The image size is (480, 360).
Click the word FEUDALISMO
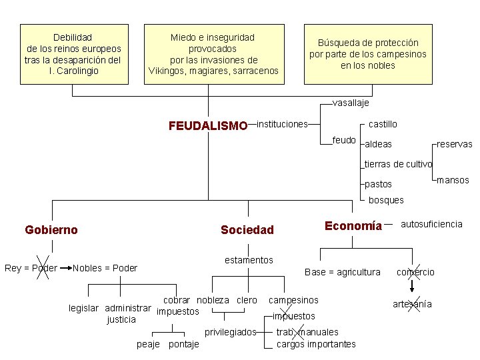(x=207, y=125)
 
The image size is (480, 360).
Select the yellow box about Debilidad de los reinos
(x=73, y=54)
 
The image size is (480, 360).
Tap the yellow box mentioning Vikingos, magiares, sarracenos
(x=213, y=54)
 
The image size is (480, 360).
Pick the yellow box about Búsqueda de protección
(x=367, y=54)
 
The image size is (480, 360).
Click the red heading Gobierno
(x=51, y=230)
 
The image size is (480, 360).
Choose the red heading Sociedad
(x=247, y=230)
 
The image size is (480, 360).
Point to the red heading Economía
(x=353, y=225)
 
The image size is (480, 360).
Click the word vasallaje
(x=351, y=103)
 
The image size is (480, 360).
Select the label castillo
(x=383, y=125)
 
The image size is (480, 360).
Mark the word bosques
(x=386, y=200)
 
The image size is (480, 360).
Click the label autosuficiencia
(x=431, y=225)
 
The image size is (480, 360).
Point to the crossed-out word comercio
(x=415, y=272)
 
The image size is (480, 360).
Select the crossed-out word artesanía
(x=412, y=304)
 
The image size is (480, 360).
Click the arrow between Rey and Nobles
(x=65, y=268)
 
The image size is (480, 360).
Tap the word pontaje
(x=184, y=345)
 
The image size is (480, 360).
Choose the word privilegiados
(x=230, y=332)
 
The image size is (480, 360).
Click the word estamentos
(x=249, y=260)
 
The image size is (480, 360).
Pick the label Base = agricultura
(x=342, y=272)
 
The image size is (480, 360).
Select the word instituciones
(x=282, y=124)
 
